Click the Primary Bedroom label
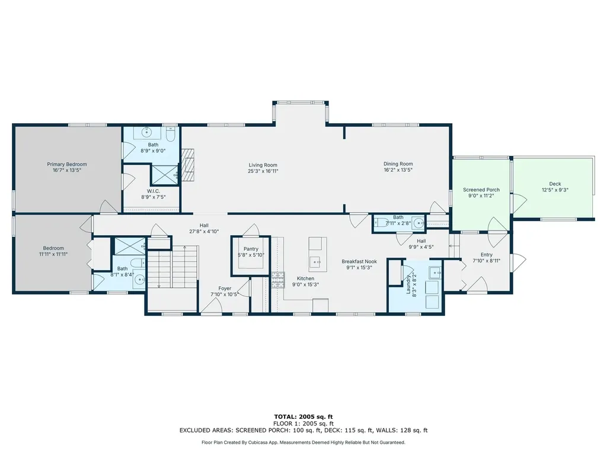click(67, 164)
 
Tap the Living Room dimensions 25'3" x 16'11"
click(263, 171)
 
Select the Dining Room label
click(398, 164)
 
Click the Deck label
click(555, 184)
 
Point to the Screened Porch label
click(481, 190)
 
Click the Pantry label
click(251, 249)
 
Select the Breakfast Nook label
click(359, 261)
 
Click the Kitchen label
click(305, 278)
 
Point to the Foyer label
click(225, 289)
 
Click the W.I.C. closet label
click(150, 191)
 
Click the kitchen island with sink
click(317, 252)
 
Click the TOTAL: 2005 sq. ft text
click(303, 417)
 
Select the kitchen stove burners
click(277, 279)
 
